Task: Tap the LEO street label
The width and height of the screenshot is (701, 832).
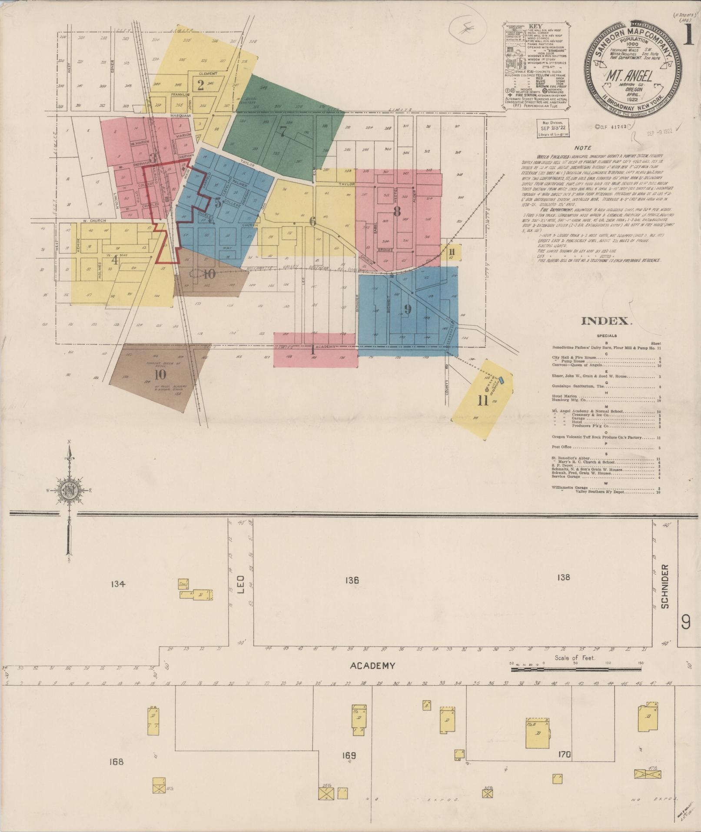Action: click(x=242, y=585)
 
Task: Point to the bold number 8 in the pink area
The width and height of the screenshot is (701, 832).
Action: click(x=396, y=212)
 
